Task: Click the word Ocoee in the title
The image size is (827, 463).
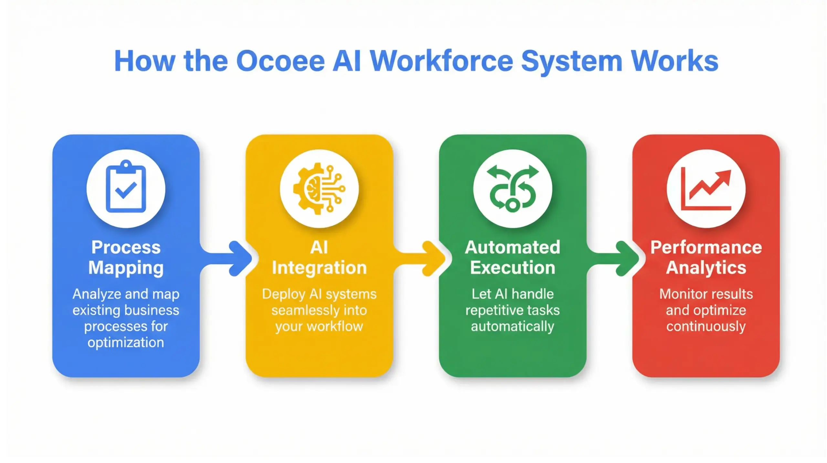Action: click(280, 61)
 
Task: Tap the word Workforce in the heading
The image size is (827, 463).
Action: click(441, 61)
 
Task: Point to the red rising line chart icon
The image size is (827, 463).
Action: click(706, 189)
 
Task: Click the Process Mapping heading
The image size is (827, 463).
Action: click(126, 258)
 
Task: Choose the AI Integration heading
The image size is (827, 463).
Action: click(319, 258)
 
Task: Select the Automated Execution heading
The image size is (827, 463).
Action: click(513, 258)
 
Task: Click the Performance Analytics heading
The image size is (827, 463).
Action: click(706, 258)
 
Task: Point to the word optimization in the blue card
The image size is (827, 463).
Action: click(126, 343)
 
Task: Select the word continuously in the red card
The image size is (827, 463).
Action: click(706, 326)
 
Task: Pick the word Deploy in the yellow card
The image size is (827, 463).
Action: click(283, 294)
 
